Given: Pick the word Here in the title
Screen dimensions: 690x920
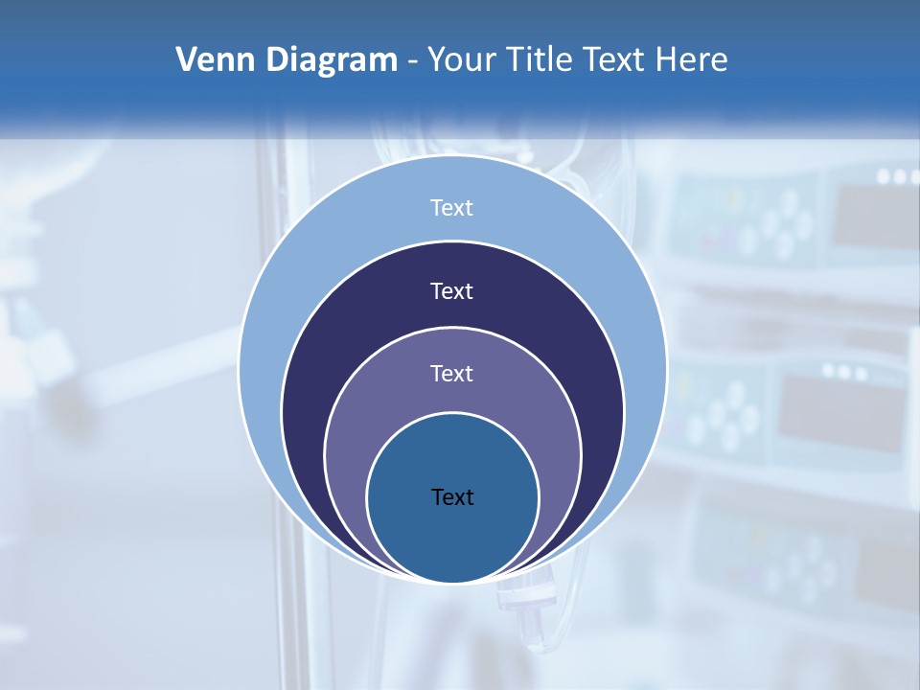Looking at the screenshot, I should (x=692, y=60).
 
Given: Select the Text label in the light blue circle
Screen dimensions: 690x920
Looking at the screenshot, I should (x=452, y=208).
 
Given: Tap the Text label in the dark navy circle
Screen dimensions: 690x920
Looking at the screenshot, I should (x=452, y=290).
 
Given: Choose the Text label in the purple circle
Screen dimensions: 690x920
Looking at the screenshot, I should (x=452, y=374).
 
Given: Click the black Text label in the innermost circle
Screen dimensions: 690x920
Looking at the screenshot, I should (x=452, y=496).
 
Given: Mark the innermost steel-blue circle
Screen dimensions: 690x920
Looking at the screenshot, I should (x=452, y=537).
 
